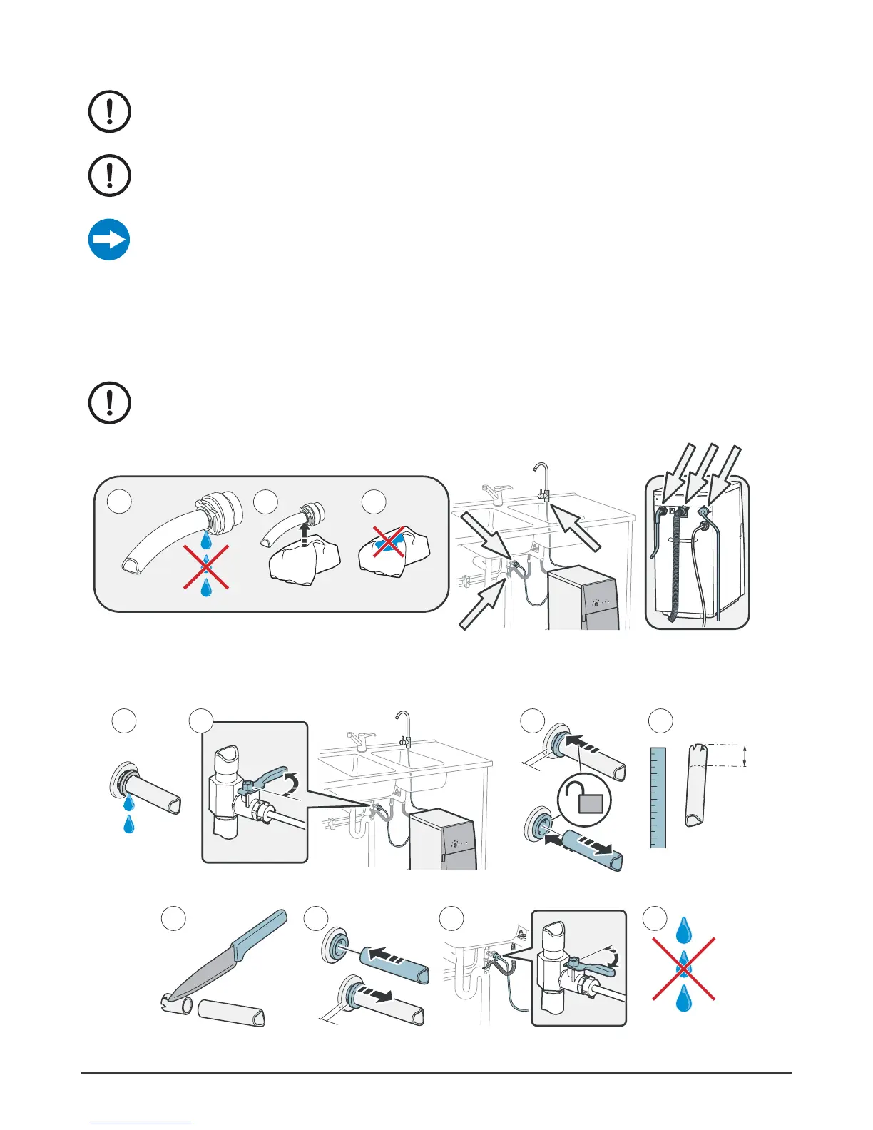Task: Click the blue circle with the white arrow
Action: click(109, 240)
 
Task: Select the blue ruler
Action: click(658, 797)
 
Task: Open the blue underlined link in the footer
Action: click(142, 1124)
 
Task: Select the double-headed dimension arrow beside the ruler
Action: click(745, 755)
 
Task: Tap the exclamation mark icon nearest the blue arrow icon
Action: click(109, 175)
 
